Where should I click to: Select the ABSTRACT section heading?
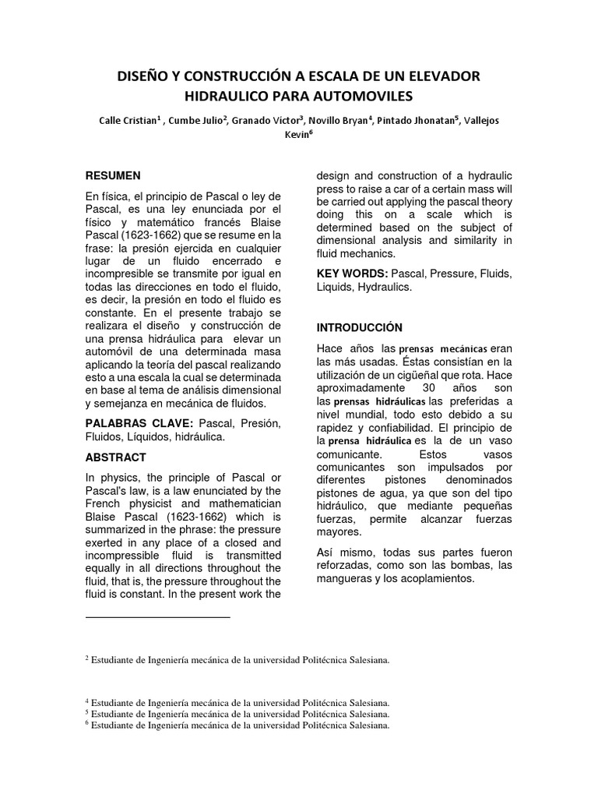tap(115, 457)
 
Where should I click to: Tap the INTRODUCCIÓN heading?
tap(359, 327)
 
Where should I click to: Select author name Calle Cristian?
tap(128, 121)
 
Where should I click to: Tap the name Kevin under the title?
tap(297, 134)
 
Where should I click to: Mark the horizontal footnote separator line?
tap(157, 617)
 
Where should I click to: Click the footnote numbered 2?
tap(237, 660)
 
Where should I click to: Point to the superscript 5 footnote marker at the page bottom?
tap(86, 711)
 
